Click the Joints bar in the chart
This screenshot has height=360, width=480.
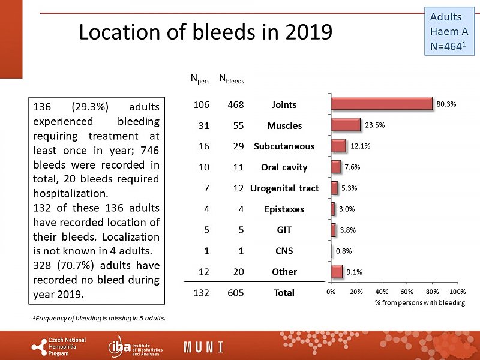[382, 103]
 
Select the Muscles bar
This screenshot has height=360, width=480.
[346, 125]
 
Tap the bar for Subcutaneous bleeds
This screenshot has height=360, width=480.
[338, 146]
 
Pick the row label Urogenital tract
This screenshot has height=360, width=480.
[284, 188]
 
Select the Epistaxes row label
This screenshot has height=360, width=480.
[284, 209]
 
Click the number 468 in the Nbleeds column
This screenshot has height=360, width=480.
[235, 104]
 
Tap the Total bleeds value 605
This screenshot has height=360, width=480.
[235, 292]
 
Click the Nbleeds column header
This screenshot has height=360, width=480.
[232, 78]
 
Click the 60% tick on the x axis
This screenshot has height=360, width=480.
[407, 292]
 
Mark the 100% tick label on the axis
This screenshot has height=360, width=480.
[457, 292]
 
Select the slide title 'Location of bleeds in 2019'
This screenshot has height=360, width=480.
[205, 32]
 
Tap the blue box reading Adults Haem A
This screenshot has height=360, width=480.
[449, 31]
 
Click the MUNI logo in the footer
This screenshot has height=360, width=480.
[203, 347]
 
